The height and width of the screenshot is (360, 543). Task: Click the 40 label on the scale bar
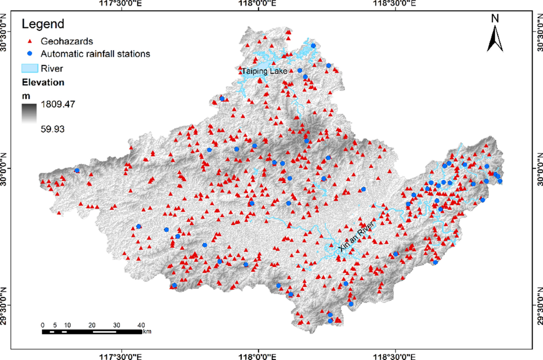point(141,325)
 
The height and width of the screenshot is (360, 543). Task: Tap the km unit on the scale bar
point(147,332)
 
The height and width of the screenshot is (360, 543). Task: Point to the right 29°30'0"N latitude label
point(538,305)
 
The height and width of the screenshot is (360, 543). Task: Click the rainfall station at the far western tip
point(77,171)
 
